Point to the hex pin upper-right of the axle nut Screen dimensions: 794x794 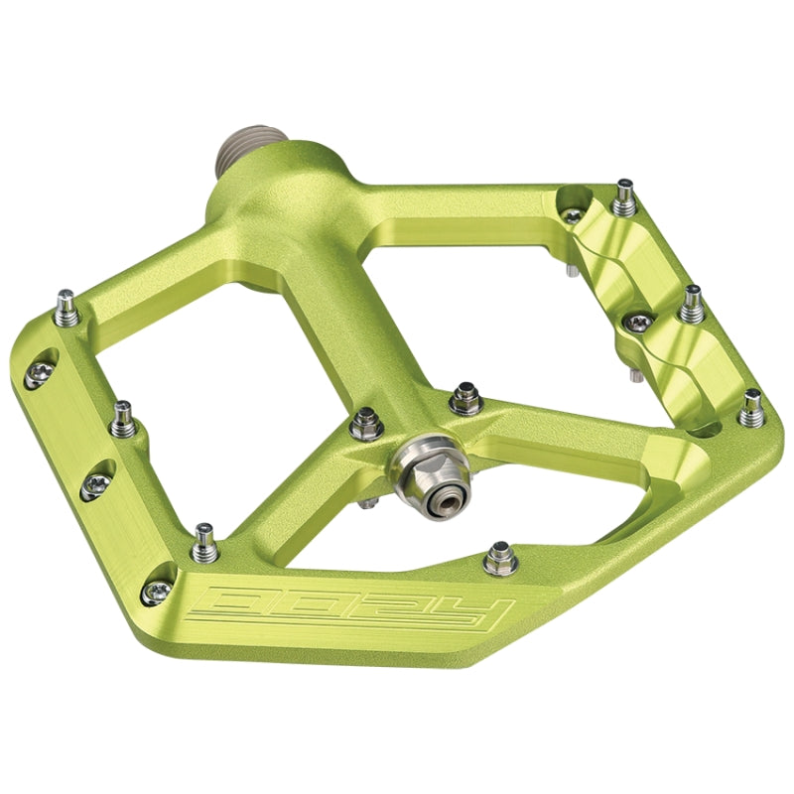462,399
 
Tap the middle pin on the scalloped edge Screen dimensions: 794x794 691,302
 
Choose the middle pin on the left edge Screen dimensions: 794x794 124,419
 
